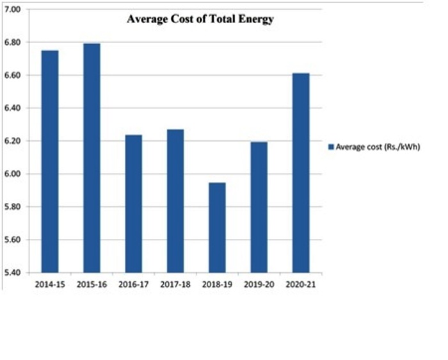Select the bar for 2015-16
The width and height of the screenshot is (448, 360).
click(92, 158)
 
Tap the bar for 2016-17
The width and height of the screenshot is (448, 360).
click(133, 204)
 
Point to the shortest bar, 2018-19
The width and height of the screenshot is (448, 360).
click(217, 227)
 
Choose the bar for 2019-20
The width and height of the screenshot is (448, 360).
click(259, 208)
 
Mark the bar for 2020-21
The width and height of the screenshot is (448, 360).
click(301, 173)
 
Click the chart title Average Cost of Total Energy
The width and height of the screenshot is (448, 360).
click(200, 19)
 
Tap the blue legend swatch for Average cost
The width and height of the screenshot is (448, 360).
click(331, 147)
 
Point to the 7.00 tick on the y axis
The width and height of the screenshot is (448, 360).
click(13, 10)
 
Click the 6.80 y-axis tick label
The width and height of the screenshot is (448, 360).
click(13, 42)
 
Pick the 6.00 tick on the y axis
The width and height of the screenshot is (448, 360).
click(13, 174)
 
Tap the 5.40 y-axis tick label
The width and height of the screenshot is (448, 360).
click(13, 273)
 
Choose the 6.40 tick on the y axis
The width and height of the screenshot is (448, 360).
click(13, 108)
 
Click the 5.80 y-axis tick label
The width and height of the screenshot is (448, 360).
click(13, 207)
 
